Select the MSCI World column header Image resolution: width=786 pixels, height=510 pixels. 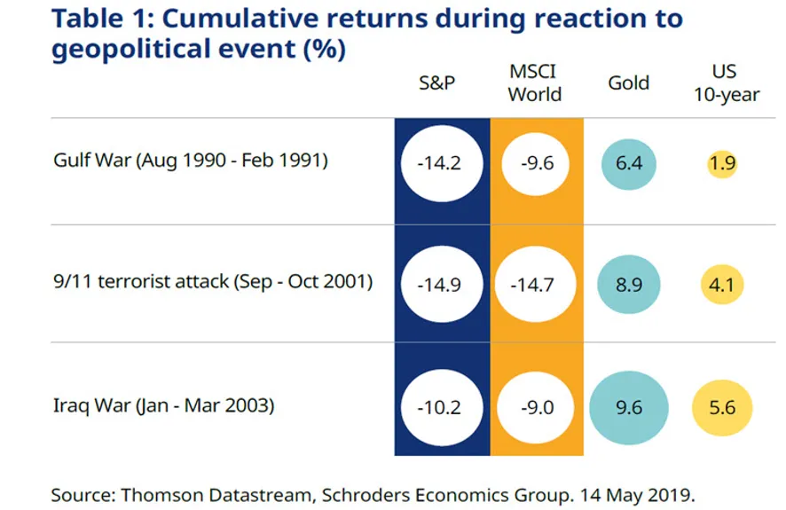(534, 82)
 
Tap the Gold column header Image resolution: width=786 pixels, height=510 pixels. (628, 83)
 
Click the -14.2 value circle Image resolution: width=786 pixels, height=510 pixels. (441, 164)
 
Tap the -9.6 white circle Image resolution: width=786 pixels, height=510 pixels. (535, 164)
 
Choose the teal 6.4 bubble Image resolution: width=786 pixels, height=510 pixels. (629, 164)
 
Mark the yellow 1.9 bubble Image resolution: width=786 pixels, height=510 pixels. (723, 164)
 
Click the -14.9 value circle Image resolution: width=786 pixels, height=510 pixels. (441, 284)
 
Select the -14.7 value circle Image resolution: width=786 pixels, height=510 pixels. (535, 284)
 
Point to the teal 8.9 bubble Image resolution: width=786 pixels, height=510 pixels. (629, 284)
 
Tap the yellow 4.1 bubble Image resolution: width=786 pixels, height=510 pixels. (722, 285)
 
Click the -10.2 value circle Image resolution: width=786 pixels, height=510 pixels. (441, 408)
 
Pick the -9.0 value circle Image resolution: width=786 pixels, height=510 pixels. (535, 408)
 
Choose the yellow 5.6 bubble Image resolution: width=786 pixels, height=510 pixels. (722, 408)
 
